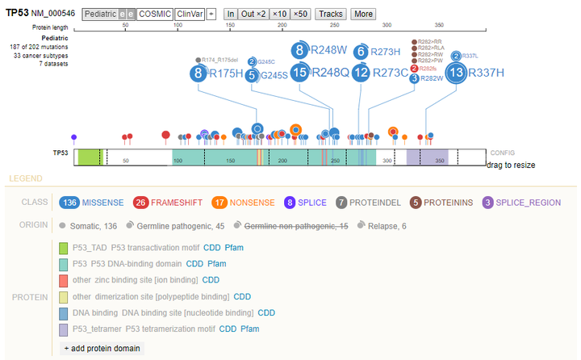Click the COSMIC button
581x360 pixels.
tap(154, 15)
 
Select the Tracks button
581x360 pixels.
tap(331, 15)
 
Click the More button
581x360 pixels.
tap(362, 15)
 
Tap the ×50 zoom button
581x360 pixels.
tap(301, 15)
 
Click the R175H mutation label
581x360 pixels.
tap(226, 74)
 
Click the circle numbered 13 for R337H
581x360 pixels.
tap(456, 73)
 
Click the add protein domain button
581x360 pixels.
tap(102, 348)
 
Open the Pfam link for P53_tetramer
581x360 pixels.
tap(250, 329)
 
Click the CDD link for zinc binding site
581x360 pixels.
tap(211, 280)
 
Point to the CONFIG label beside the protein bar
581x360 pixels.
tap(502, 153)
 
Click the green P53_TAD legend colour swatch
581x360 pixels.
tap(64, 248)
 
